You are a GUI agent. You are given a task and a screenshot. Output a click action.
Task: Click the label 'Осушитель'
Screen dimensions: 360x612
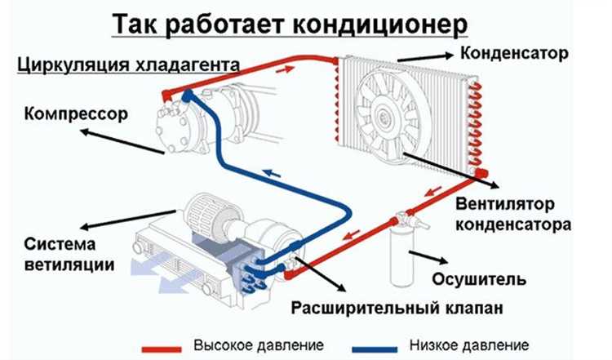[x=485, y=279]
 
